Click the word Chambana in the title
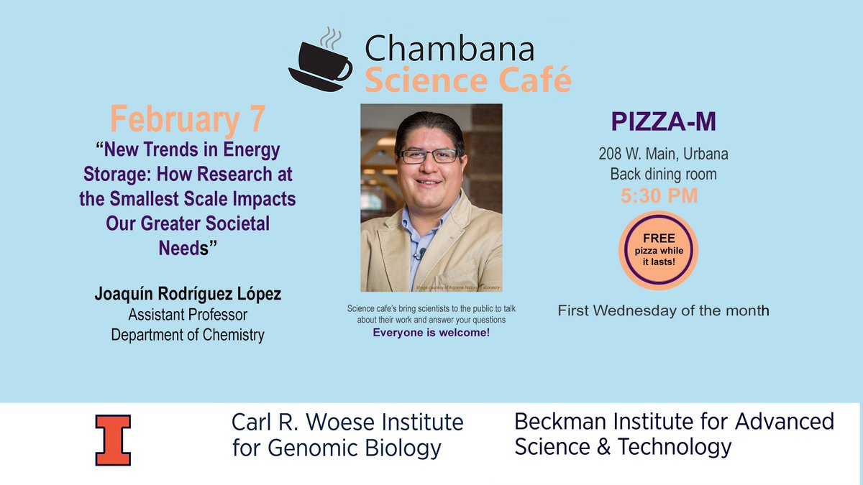(449, 49)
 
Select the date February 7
(188, 119)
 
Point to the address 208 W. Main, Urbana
(663, 153)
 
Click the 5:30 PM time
(659, 195)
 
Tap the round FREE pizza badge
(658, 246)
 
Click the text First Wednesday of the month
(663, 310)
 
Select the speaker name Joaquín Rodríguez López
(187, 296)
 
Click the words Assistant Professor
(187, 315)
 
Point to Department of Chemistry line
(187, 334)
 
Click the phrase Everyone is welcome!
(431, 333)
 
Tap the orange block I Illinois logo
(113, 439)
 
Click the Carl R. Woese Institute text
(347, 422)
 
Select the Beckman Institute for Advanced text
(674, 421)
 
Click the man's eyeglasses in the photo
(428, 156)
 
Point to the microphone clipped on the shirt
(421, 253)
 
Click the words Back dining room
(663, 174)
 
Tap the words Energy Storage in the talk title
(216, 164)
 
